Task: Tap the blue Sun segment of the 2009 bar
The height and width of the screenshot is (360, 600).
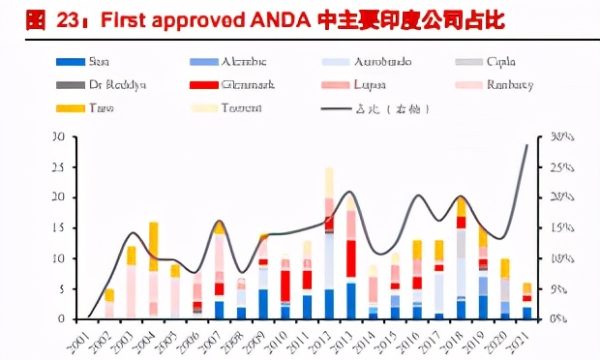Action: (x=263, y=303)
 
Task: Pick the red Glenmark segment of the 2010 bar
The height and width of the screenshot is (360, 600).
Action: (x=285, y=285)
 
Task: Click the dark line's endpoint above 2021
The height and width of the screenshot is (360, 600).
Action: (x=526, y=145)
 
